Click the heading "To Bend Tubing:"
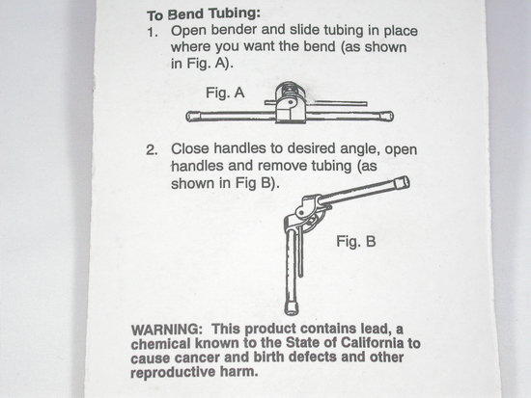[x=204, y=14]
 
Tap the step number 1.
[x=152, y=33]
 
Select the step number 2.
[x=152, y=149]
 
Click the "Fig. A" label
[x=225, y=93]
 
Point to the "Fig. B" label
[x=356, y=242]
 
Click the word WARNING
[x=166, y=330]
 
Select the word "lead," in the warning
[x=375, y=329]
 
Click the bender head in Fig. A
[x=290, y=101]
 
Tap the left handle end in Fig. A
[x=192, y=117]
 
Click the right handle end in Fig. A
[x=387, y=116]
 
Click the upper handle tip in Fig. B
[x=402, y=183]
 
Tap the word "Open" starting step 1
[x=188, y=31]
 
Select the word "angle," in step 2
[x=361, y=149]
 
